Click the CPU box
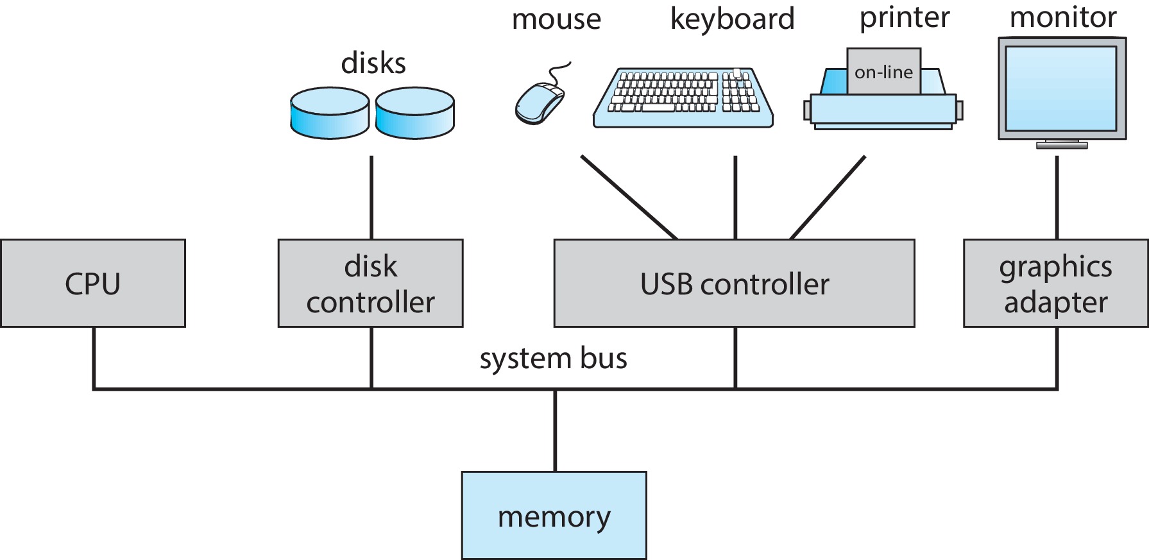coord(93,284)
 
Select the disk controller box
coord(370,284)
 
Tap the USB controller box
coord(734,284)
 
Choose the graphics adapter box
coord(1055,284)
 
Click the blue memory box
coord(554,516)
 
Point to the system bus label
coord(553,359)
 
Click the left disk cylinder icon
coord(330,114)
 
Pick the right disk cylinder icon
coord(414,114)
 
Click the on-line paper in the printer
coord(883,72)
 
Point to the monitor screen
coord(1062,89)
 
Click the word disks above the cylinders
coord(373,64)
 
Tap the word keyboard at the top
coord(732,19)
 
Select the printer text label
coord(904,18)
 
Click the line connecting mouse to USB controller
coord(629,197)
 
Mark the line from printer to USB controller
coord(828,197)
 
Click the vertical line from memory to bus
coord(555,430)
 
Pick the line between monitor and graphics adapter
coord(1057,197)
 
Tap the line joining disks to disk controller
coord(371,197)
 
